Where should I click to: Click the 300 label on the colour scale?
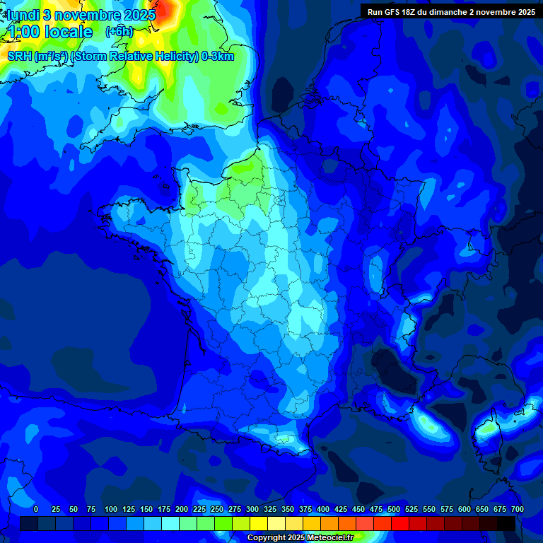click(x=253, y=509)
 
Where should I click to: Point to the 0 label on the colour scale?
click(x=36, y=509)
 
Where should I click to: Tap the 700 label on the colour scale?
click(x=518, y=509)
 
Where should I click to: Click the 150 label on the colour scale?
click(x=146, y=509)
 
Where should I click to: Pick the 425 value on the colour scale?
click(x=341, y=509)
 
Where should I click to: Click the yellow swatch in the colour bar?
click(x=259, y=523)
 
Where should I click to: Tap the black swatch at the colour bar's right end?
click(x=506, y=523)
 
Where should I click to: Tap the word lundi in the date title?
click(x=22, y=15)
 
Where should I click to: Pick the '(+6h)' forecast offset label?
click(x=119, y=31)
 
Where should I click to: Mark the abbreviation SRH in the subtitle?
click(x=20, y=57)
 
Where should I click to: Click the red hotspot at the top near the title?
click(x=165, y=8)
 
